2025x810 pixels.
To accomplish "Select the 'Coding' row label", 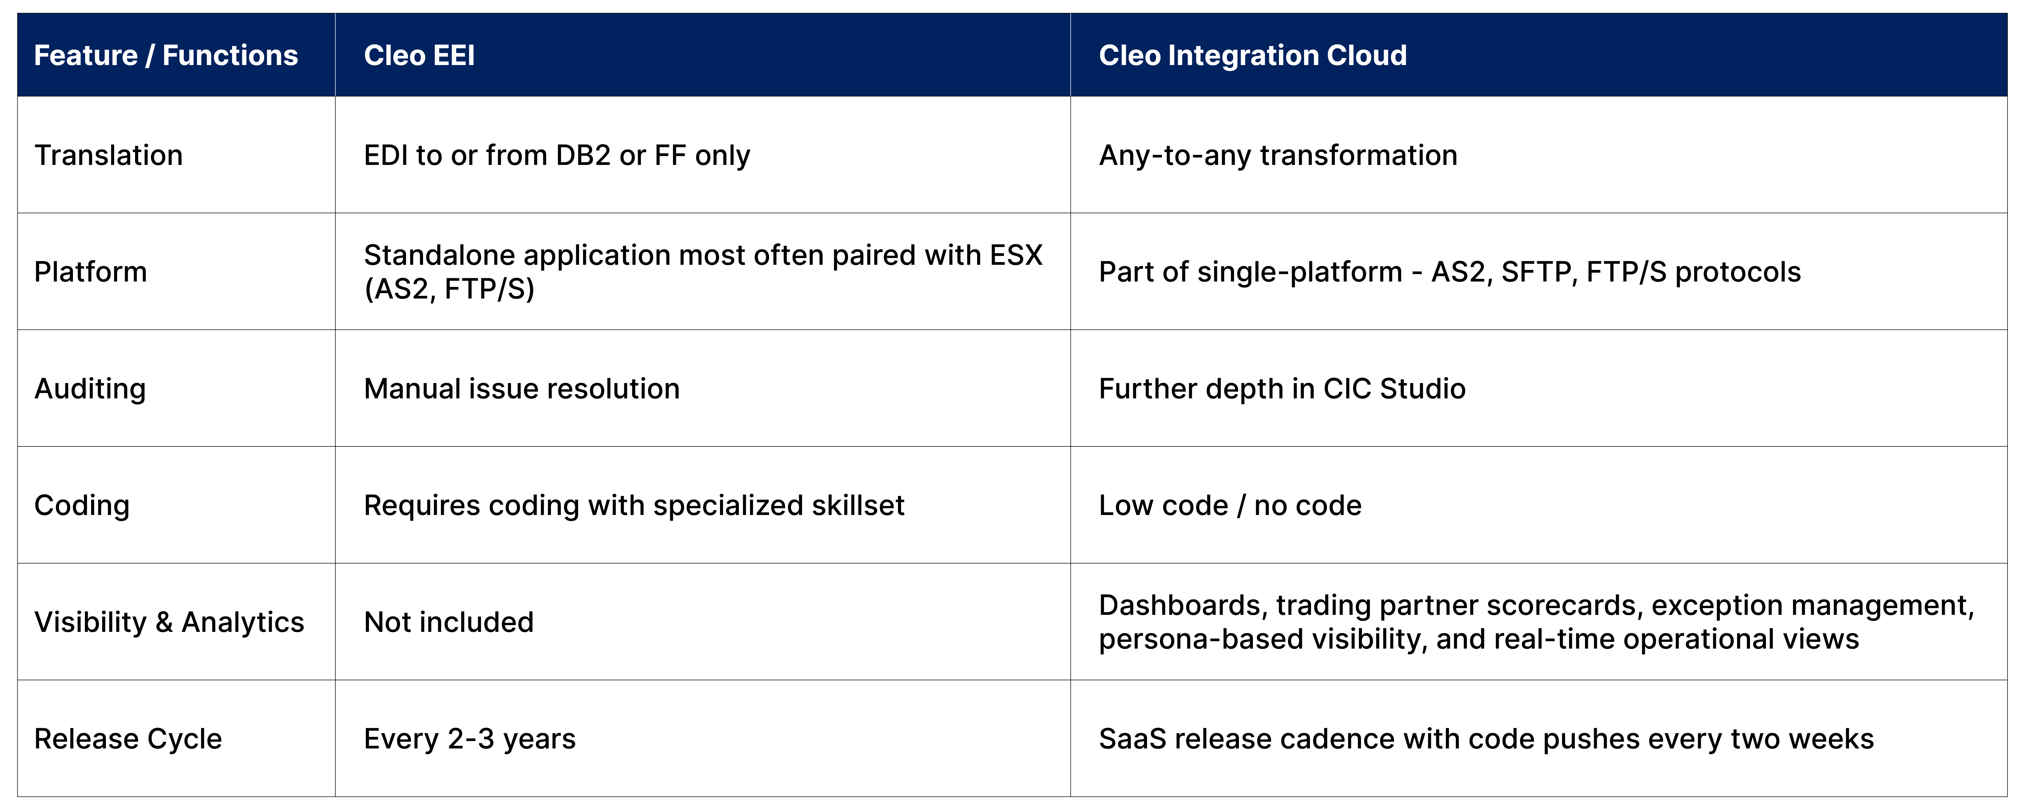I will click(82, 505).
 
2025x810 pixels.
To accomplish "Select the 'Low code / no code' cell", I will click(1229, 505).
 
